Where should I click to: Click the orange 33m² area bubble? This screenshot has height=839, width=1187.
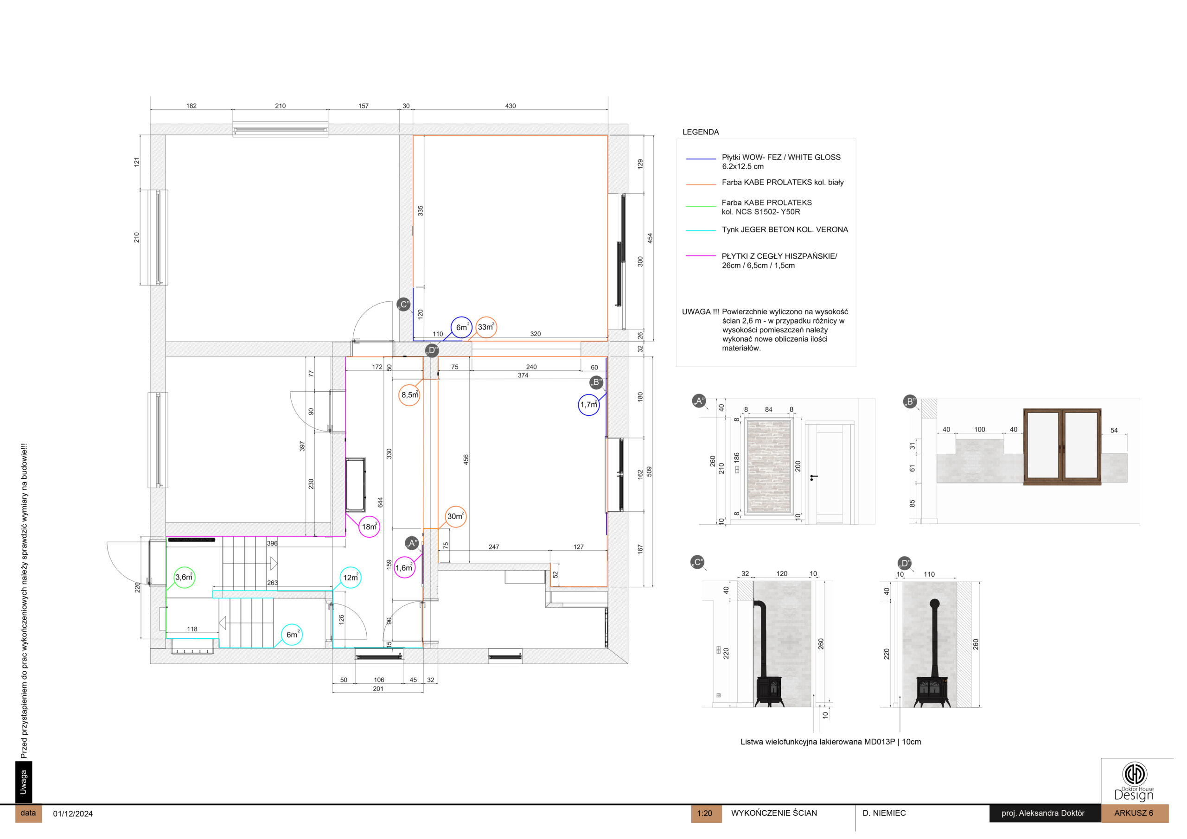point(486,327)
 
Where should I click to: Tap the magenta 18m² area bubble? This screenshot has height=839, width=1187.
point(369,527)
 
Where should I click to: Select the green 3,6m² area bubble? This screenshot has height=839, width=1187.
point(184,578)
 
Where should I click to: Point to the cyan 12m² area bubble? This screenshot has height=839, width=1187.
point(351,578)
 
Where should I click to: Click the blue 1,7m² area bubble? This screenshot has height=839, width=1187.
point(588,405)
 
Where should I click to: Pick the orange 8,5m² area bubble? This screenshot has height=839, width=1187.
point(409,395)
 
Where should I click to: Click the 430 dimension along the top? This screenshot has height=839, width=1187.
point(510,106)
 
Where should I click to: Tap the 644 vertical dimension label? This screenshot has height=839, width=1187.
point(381,502)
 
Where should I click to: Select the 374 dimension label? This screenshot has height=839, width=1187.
point(523,375)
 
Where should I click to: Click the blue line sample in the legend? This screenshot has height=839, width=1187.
point(701,159)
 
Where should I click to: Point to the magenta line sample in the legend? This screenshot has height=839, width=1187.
point(701,256)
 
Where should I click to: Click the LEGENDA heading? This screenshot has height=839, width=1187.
point(701,132)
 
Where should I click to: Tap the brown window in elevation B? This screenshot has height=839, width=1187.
point(1062,447)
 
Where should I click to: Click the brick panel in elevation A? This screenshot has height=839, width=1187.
point(768,466)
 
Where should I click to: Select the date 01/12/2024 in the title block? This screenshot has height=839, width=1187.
point(73,814)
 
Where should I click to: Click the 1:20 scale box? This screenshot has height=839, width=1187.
point(706,813)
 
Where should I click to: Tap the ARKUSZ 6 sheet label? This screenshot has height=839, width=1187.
point(1134,813)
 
